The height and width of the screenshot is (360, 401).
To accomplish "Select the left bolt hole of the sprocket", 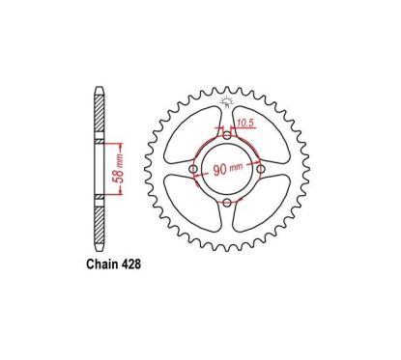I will [193, 171].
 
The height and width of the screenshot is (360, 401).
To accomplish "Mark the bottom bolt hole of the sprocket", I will [228, 204].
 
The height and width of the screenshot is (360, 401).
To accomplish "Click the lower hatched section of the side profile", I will [100, 222].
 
